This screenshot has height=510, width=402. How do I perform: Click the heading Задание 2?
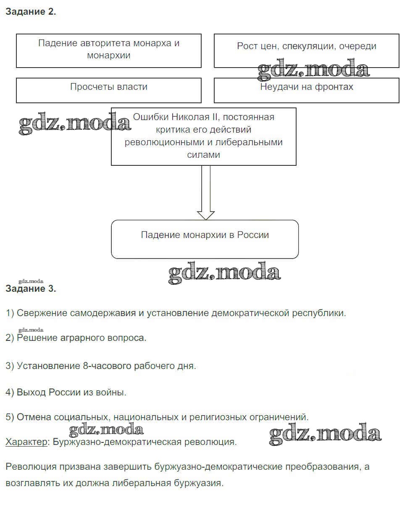tap(31, 12)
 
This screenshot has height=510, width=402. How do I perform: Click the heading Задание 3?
tap(31, 289)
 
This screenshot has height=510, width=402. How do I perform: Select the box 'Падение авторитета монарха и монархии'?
tap(109, 50)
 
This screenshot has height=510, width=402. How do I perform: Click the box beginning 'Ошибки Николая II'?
tap(203, 136)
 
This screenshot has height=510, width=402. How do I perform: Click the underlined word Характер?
tap(26, 442)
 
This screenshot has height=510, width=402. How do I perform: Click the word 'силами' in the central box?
tap(203, 155)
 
